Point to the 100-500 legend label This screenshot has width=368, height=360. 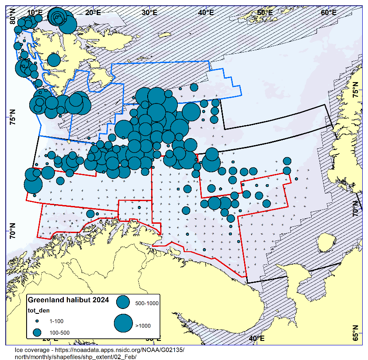59,332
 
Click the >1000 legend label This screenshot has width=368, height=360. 143,325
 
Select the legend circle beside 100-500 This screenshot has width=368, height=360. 38,332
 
